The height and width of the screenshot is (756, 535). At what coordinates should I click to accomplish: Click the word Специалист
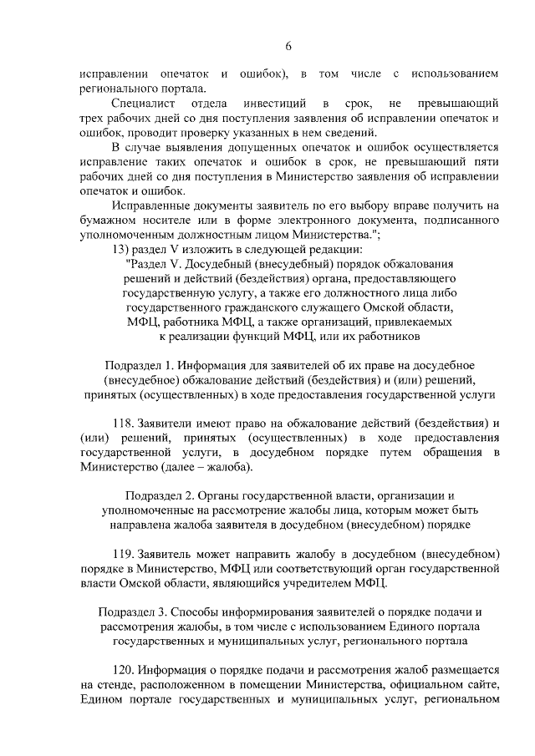coord(142,104)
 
